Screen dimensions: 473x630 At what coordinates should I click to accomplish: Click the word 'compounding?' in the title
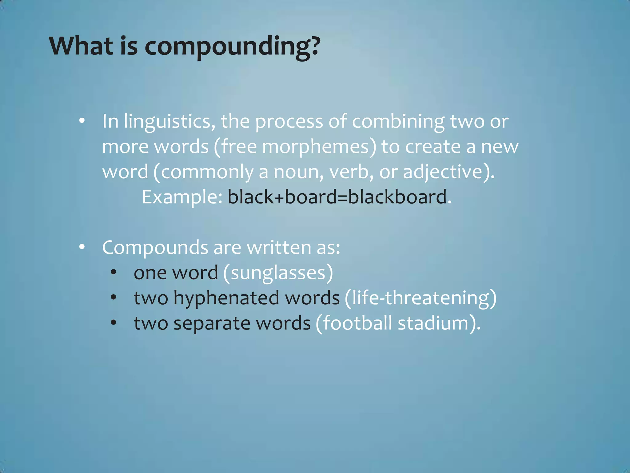[232, 47]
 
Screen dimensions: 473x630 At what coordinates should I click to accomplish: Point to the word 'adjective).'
[449, 172]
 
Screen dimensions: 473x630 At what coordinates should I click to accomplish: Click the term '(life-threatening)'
[421, 298]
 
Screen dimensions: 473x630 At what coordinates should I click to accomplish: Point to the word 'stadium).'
[439, 323]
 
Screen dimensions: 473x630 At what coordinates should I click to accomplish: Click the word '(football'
[354, 323]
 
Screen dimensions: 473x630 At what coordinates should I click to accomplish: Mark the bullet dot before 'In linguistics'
[82, 121]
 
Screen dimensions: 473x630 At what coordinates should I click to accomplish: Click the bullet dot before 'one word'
[114, 272]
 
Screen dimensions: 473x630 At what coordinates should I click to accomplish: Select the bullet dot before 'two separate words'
[114, 323]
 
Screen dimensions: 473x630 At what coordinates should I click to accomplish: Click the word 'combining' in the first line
[398, 122]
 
